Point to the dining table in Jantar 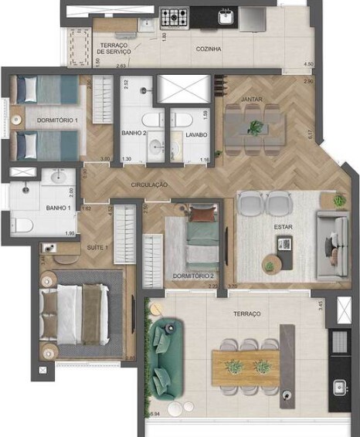point(253,124)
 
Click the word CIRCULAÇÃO point(150,185)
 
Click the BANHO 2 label point(134,133)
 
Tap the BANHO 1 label point(37,207)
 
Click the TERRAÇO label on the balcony point(246,313)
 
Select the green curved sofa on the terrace point(166,354)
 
